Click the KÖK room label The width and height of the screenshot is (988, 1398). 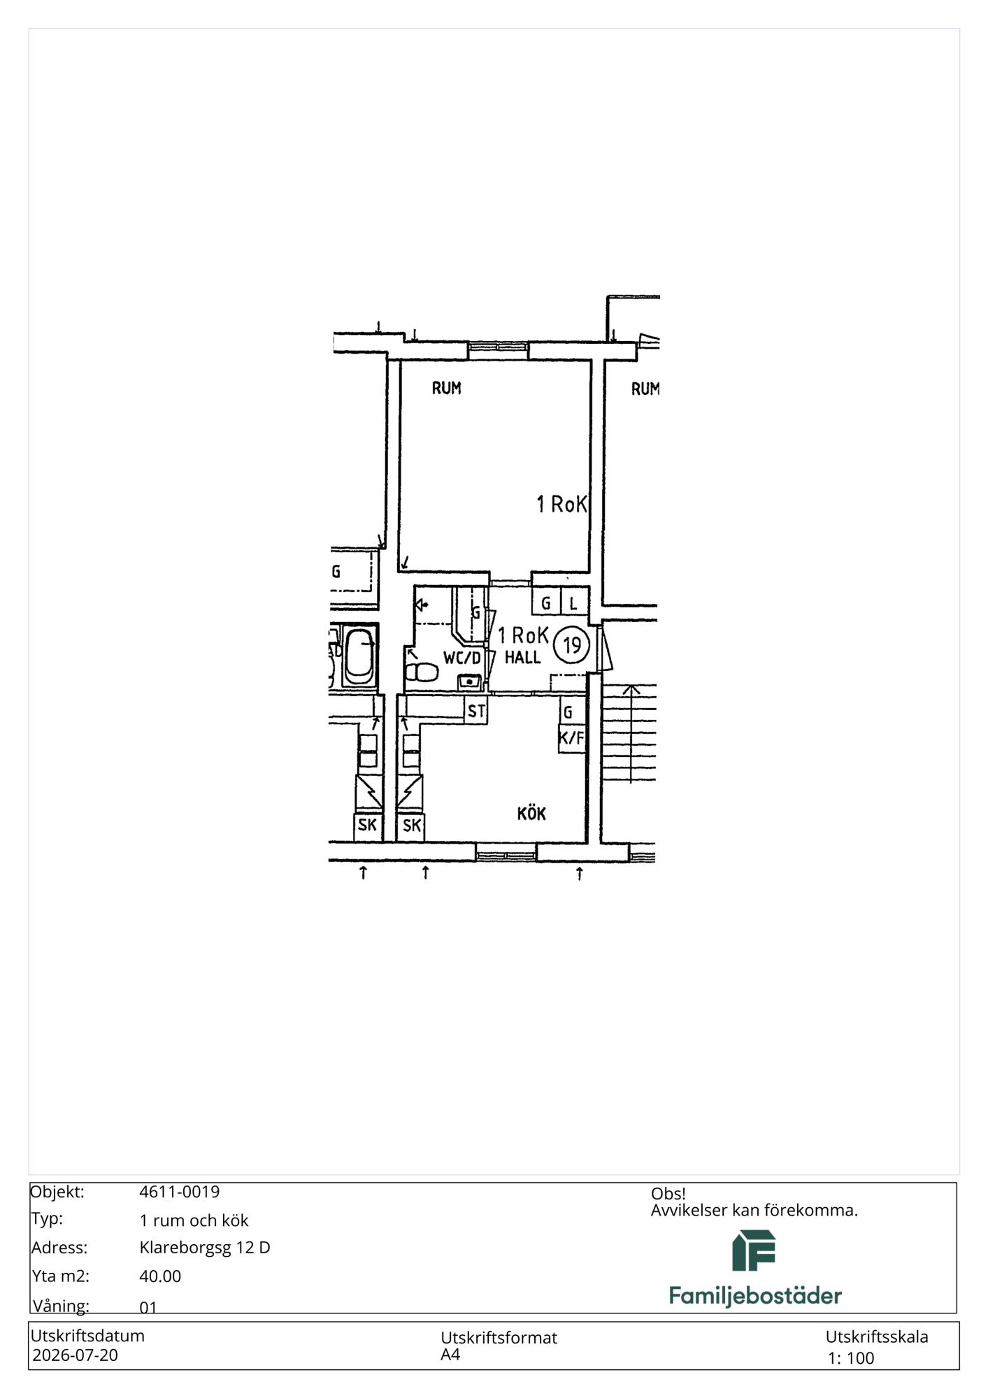point(531,813)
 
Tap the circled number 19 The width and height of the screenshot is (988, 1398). point(572,644)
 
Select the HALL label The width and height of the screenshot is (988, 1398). point(522,657)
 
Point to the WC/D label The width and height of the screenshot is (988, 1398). point(462,658)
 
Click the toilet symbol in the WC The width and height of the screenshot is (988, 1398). point(421,672)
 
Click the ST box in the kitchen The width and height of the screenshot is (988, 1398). point(476,712)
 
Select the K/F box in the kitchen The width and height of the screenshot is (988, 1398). point(571,738)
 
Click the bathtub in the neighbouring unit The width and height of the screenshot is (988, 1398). point(359,656)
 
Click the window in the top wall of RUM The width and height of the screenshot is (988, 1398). point(498,349)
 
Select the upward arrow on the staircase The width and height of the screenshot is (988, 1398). point(631,734)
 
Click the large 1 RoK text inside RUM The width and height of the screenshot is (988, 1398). point(561,504)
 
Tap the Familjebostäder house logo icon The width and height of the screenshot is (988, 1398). point(754,1251)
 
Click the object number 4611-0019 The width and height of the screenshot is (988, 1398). point(180,1192)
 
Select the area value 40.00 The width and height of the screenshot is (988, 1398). point(160,1276)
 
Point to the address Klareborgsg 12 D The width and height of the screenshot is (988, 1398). point(205,1248)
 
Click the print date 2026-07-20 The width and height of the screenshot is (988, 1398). point(76,1355)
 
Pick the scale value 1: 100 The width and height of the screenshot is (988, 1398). point(851,1358)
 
